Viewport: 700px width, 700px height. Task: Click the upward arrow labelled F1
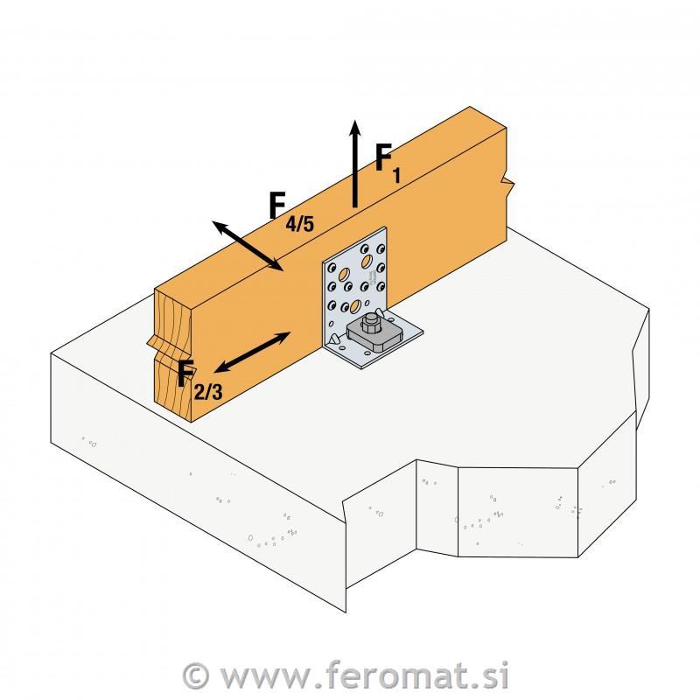[355, 164]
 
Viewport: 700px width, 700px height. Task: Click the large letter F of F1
[383, 157]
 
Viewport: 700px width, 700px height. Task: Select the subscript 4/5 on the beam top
[299, 223]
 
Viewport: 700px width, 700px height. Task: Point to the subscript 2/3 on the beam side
[208, 391]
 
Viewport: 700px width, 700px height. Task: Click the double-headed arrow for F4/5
[248, 246]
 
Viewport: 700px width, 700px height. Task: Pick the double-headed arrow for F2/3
[252, 353]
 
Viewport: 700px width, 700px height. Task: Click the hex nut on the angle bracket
[369, 324]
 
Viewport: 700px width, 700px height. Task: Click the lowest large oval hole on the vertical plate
[356, 305]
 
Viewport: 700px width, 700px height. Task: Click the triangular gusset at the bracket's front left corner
[333, 340]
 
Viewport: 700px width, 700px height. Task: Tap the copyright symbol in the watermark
[196, 676]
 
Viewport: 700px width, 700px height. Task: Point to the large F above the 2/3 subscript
[186, 374]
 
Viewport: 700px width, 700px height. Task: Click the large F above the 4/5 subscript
[277, 205]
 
